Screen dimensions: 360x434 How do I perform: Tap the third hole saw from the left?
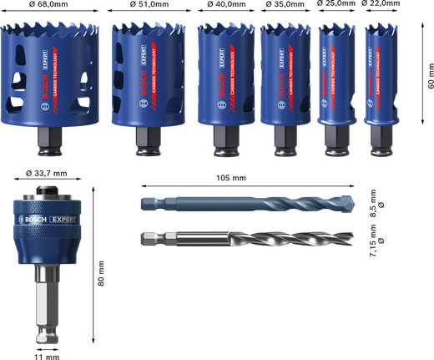click(223, 79)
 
